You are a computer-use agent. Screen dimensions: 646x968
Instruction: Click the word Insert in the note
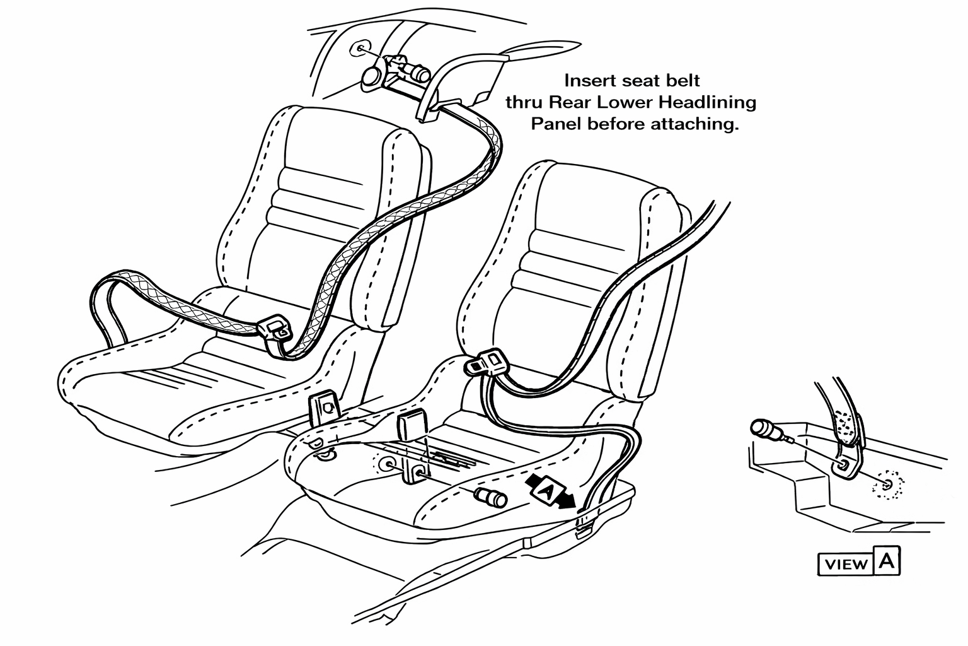587,81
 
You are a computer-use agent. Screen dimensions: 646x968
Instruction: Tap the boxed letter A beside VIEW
887,561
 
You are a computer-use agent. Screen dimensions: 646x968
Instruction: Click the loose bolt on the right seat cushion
491,497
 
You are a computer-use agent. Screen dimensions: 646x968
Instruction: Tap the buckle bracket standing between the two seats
325,408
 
